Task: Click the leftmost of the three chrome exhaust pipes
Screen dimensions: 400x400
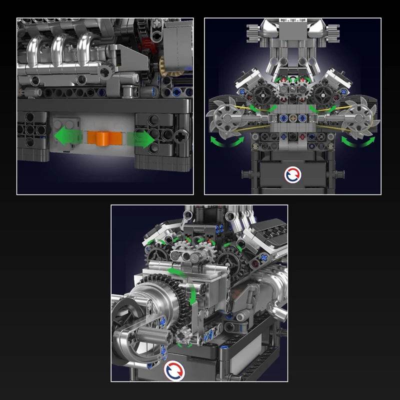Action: [36, 50]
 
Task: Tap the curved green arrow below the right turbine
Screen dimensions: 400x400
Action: [357, 141]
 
